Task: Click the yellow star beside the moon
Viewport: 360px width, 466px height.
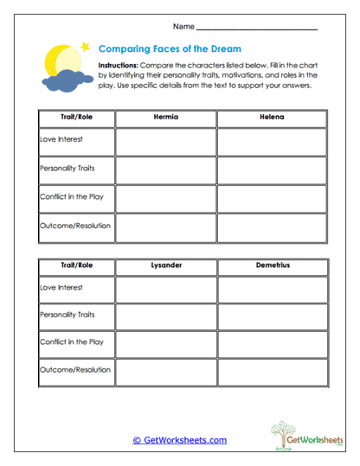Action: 84,46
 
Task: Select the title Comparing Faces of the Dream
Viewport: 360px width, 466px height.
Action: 170,49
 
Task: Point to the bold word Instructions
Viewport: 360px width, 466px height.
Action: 118,66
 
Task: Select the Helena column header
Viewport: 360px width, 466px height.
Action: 271,116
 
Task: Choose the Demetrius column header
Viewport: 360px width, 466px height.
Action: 271,265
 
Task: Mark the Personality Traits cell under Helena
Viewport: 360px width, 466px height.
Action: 271,169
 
